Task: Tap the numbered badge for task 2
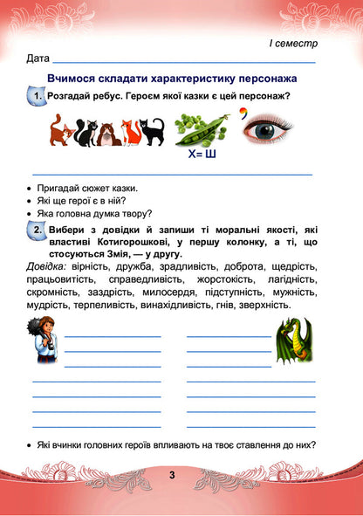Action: [x=37, y=229]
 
